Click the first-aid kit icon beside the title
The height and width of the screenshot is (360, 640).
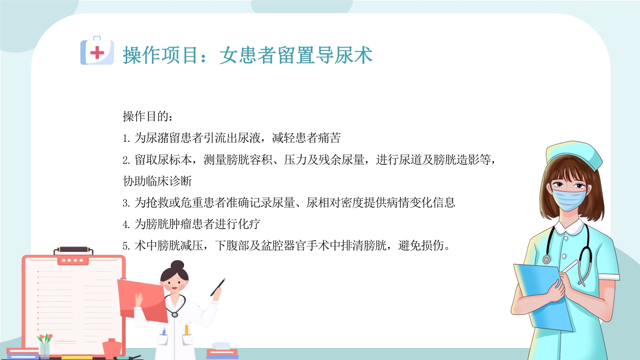97,51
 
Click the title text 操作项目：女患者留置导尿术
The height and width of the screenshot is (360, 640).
248,55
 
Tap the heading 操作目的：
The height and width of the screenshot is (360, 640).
147,116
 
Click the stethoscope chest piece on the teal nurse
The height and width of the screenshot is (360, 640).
547,259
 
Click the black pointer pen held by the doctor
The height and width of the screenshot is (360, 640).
218,287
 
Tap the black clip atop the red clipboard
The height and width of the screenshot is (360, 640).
73,250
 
